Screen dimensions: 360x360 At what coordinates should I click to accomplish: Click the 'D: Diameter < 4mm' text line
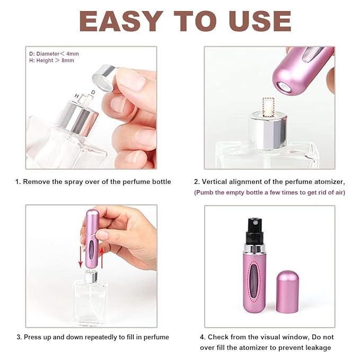tap(55, 54)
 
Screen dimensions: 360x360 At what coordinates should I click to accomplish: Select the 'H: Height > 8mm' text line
tap(52, 60)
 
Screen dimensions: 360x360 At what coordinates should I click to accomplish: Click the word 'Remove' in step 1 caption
tap(39, 182)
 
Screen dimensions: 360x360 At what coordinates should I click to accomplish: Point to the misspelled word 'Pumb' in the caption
tap(207, 192)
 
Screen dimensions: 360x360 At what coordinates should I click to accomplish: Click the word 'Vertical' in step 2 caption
tap(215, 182)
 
